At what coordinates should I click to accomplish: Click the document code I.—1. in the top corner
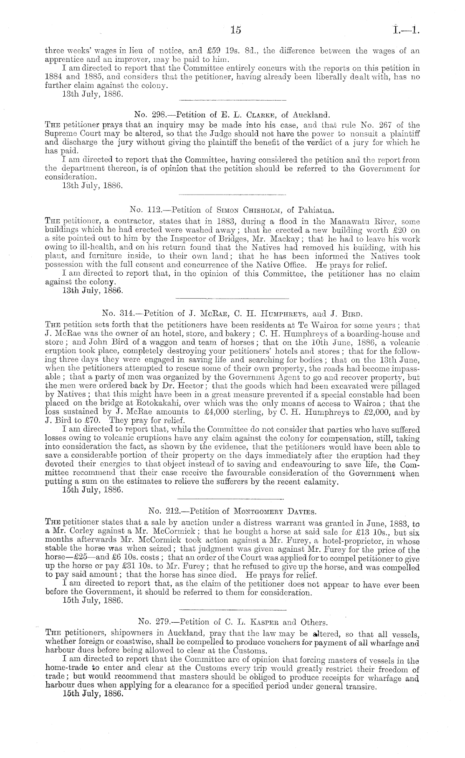407,30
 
